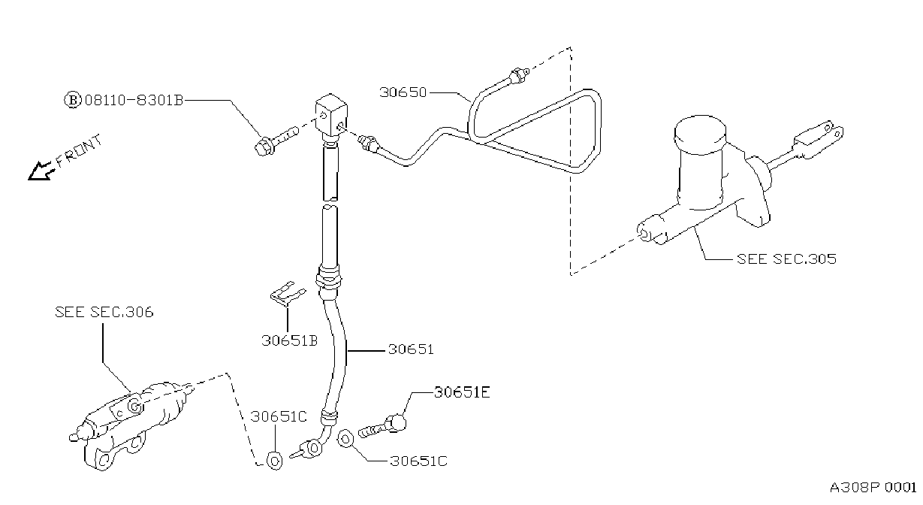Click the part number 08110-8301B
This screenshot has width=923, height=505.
[x=134, y=100]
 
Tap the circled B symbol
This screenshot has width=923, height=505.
[x=73, y=100]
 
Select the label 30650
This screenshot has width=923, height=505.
[x=403, y=92]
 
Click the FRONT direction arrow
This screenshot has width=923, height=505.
[x=41, y=171]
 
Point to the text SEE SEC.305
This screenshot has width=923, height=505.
[x=786, y=259]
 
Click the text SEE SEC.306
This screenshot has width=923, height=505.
[x=104, y=312]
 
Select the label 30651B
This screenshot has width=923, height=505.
[x=289, y=341]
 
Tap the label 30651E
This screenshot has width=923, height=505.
[x=462, y=392]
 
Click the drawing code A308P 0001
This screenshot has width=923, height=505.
[x=873, y=487]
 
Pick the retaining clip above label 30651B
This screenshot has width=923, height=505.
[x=286, y=295]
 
